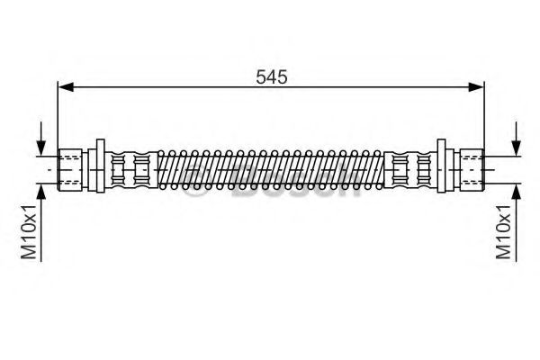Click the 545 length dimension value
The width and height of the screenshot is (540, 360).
click(x=270, y=77)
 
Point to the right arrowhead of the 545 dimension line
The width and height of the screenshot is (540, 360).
click(x=476, y=87)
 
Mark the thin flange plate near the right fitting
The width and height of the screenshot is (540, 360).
click(x=442, y=167)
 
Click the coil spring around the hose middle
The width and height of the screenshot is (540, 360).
click(x=270, y=167)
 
